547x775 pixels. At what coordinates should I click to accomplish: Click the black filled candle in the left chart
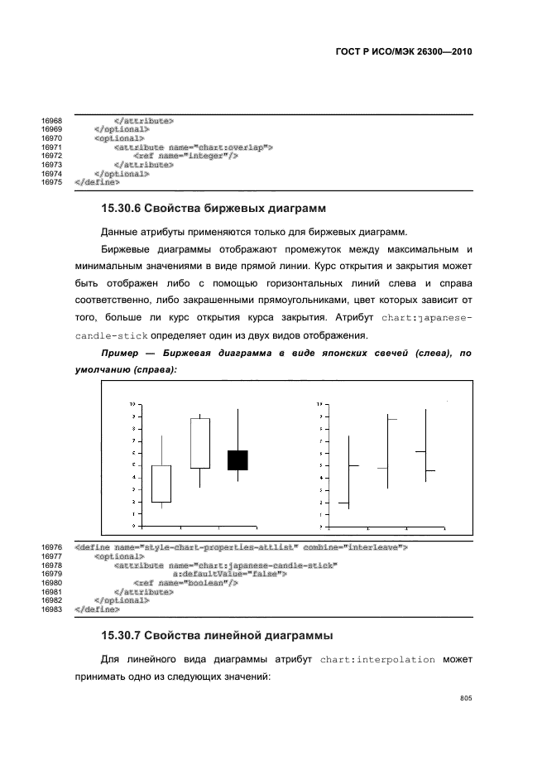[x=238, y=460]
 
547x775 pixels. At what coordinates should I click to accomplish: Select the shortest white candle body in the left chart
[x=161, y=484]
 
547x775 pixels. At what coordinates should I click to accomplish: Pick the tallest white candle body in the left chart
[x=199, y=443]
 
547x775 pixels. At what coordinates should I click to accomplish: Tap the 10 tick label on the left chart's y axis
[x=132, y=404]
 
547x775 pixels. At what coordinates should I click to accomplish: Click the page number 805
[x=465, y=699]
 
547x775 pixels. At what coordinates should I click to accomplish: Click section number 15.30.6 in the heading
[x=127, y=207]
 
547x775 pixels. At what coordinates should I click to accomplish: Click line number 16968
[x=51, y=121]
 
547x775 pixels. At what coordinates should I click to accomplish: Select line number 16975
[x=51, y=181]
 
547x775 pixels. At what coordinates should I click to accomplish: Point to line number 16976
[x=51, y=547]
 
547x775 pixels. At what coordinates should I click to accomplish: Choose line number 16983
[x=51, y=609]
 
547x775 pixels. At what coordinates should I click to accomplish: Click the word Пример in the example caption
[x=119, y=353]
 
